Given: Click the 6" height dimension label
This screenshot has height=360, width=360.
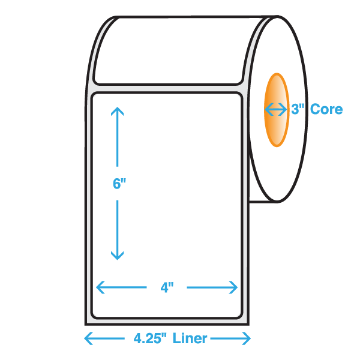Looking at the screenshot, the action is point(119,184).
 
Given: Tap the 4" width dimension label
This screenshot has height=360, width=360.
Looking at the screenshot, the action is point(167,287).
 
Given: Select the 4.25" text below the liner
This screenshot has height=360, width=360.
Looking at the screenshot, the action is point(150,338).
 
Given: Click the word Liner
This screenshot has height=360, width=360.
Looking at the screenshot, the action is point(190,338).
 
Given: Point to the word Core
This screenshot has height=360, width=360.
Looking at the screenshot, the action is point(326,109).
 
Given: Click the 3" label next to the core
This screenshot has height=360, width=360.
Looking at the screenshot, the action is point(298,109).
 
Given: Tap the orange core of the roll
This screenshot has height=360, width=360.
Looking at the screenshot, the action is point(277,110).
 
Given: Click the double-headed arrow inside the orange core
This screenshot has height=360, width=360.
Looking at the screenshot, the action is point(276,109).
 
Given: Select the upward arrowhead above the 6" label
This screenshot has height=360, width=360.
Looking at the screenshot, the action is point(118,111).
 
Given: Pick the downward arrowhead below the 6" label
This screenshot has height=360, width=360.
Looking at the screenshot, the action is point(118,256).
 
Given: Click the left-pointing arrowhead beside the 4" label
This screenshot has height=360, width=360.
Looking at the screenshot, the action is point(100,287).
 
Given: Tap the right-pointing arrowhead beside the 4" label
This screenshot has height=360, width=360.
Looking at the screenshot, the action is point(233,287).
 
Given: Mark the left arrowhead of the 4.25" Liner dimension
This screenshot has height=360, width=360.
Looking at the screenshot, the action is point(88,338).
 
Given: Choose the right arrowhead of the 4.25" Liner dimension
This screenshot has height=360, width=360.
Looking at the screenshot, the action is point(247,338).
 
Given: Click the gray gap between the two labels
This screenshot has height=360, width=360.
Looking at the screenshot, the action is point(167,89).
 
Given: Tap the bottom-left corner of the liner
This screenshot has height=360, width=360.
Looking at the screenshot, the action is point(85,325).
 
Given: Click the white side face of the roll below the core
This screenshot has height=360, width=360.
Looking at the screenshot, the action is point(278,172).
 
